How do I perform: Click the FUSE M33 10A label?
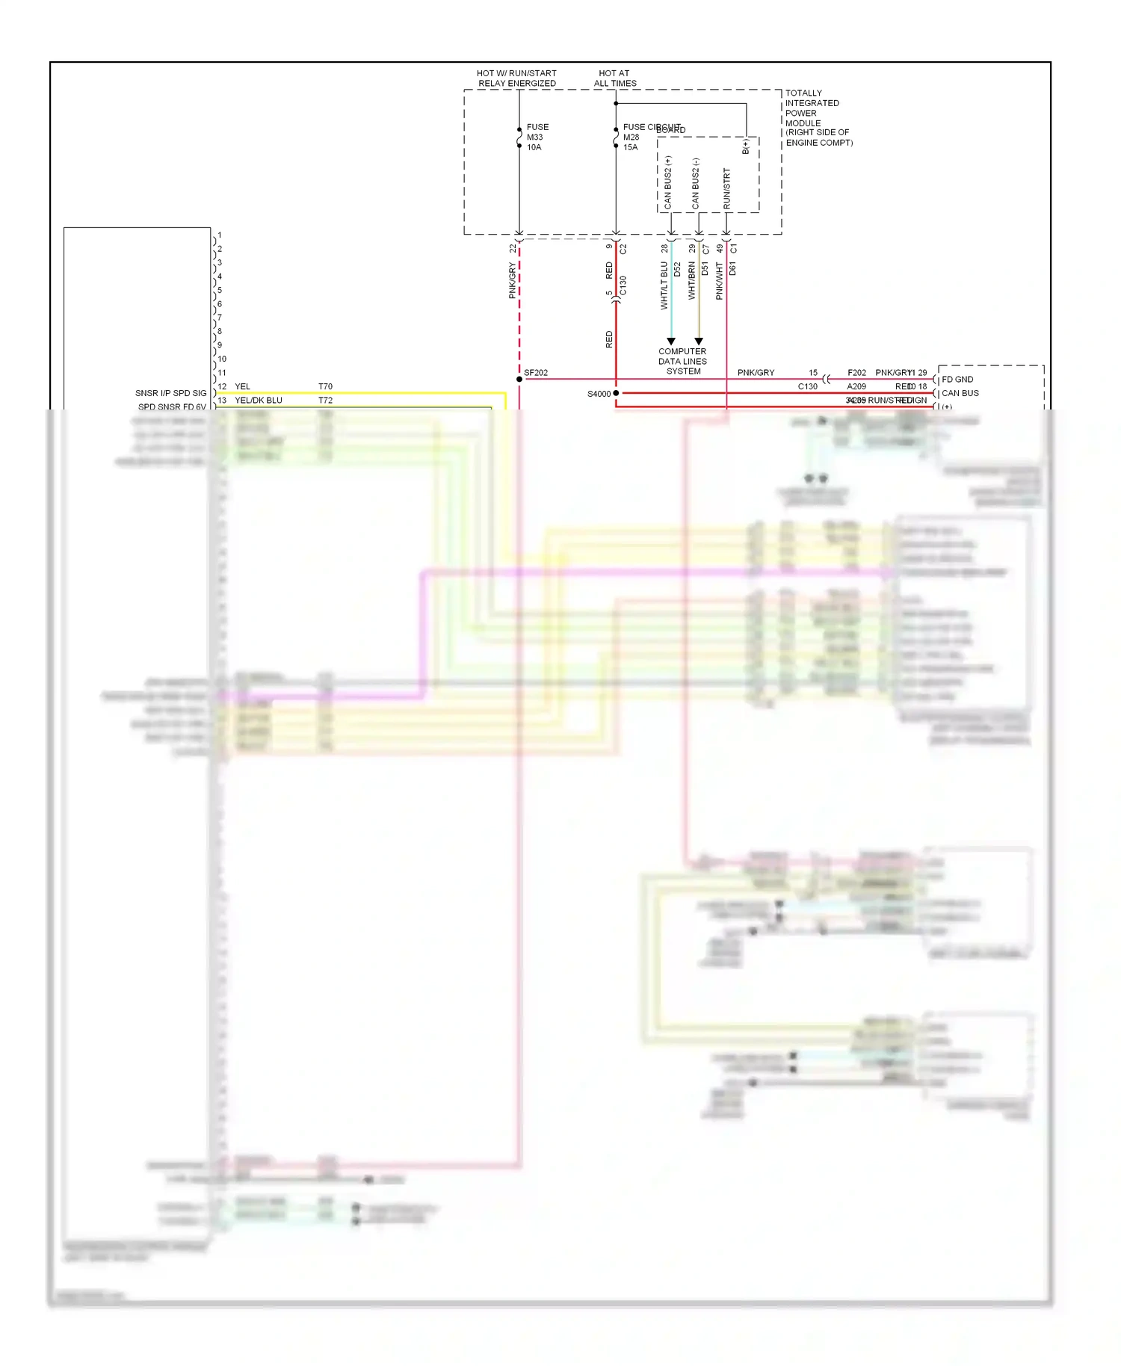pos(537,137)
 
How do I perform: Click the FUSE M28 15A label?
pos(631,137)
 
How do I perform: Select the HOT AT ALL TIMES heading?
pos(614,78)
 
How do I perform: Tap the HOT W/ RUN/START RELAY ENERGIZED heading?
pos(516,78)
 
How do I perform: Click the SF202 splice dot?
pos(519,380)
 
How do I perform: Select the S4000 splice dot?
pos(616,393)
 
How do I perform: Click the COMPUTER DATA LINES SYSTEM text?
pos(682,361)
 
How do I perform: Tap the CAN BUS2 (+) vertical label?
pos(668,182)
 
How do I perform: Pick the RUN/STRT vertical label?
pos(726,188)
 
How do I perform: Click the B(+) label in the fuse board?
pos(746,146)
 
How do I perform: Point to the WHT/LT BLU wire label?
pos(664,285)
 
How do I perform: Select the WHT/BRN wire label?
pos(691,281)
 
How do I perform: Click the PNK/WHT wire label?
pos(719,281)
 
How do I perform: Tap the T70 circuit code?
pos(325,387)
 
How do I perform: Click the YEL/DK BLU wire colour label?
pos(259,401)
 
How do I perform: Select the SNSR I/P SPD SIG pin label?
pos(170,393)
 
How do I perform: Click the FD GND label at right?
pos(957,380)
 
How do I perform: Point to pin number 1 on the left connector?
pos(220,235)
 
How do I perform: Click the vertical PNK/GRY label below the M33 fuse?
pos(512,281)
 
